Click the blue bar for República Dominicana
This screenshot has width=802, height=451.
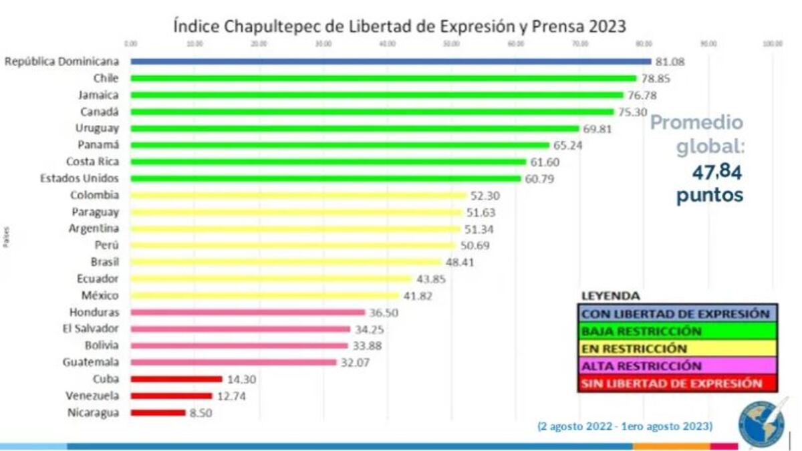click(x=391, y=61)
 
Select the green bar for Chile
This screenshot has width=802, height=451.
click(x=384, y=78)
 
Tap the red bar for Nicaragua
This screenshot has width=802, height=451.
click(x=158, y=413)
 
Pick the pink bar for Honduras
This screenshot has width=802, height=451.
click(x=248, y=312)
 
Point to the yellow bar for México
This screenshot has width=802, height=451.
click(x=265, y=295)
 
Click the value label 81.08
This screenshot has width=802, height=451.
click(x=671, y=61)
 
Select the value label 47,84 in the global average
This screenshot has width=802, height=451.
click(x=716, y=172)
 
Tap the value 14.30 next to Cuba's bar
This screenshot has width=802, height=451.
click(x=241, y=380)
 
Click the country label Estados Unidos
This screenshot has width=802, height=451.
click(x=80, y=178)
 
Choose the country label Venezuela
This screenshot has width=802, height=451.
click(x=92, y=396)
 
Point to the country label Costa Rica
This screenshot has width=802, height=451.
click(x=92, y=162)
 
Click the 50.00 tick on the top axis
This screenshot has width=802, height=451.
click(x=451, y=43)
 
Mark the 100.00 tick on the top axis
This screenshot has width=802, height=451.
click(x=773, y=43)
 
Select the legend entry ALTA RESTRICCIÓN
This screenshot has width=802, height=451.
click(x=642, y=366)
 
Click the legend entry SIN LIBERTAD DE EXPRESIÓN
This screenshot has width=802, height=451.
click(x=672, y=384)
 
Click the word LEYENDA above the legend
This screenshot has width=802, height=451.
click(x=610, y=295)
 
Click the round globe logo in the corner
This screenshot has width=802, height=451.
click(x=763, y=422)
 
